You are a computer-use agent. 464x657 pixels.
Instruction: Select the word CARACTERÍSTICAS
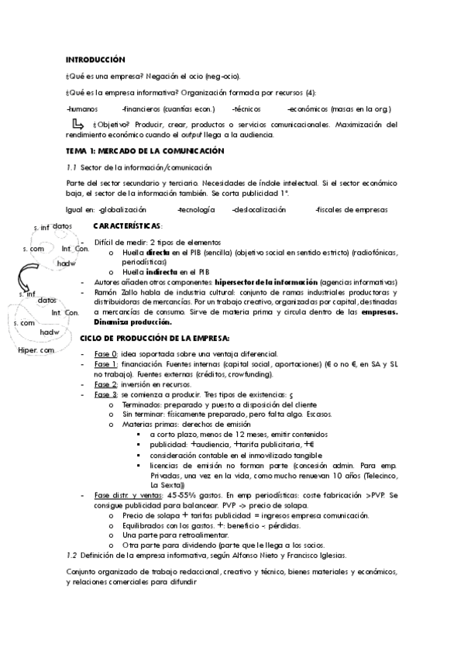click(127, 225)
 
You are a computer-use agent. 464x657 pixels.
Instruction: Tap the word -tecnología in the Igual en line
click(198, 209)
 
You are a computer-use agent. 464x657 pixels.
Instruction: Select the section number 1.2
click(73, 556)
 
